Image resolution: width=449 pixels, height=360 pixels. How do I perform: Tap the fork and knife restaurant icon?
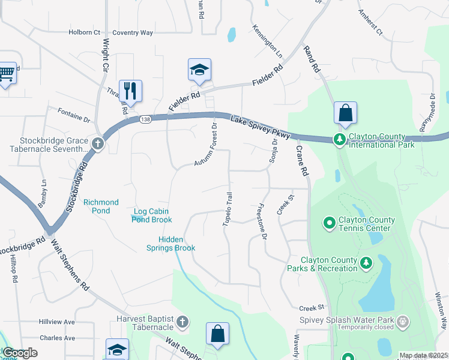[130, 91]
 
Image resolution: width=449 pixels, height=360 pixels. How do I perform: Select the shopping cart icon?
[6, 73]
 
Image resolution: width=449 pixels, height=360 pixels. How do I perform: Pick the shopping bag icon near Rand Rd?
[345, 112]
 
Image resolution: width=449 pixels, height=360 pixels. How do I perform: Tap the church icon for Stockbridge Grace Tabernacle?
[98, 143]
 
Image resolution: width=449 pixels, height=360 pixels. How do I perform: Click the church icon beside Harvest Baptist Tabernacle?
[182, 322]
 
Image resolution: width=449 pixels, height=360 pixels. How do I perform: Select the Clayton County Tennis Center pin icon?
[329, 223]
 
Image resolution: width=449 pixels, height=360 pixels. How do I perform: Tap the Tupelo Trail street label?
[227, 209]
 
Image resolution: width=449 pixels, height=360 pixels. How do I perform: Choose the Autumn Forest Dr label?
[205, 144]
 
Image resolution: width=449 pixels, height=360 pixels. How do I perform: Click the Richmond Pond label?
[101, 206]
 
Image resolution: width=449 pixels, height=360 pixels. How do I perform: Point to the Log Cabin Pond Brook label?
[152, 215]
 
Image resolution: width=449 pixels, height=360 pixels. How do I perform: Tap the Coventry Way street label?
[133, 33]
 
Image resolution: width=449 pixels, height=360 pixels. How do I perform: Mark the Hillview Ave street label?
[56, 322]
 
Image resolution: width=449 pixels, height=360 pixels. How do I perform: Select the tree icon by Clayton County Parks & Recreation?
[366, 262]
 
